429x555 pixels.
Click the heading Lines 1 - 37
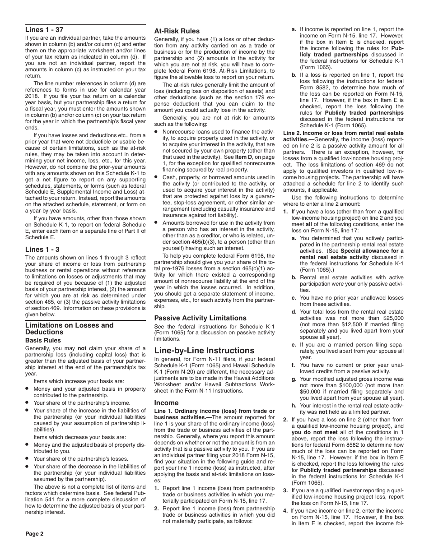44,30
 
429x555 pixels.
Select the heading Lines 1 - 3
42,249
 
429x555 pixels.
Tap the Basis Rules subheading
43,340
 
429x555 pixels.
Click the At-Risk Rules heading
177,31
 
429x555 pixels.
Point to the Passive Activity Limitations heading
201,318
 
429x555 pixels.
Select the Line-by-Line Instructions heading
204,351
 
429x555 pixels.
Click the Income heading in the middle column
166,402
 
